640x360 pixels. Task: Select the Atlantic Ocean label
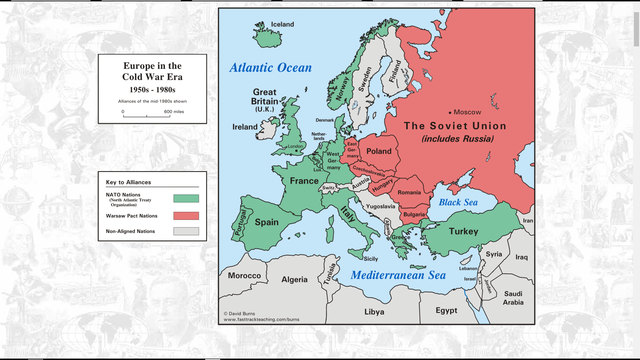(270, 67)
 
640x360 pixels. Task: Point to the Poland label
(380, 151)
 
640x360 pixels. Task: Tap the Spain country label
(267, 223)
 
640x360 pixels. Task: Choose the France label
(303, 181)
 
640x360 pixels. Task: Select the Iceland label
(283, 24)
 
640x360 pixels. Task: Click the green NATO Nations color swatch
(186, 198)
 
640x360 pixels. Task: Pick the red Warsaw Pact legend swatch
(186, 215)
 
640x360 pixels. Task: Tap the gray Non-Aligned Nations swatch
(186, 231)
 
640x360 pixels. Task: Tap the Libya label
(373, 312)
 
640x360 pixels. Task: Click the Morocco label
(244, 275)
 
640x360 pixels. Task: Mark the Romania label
(409, 191)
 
